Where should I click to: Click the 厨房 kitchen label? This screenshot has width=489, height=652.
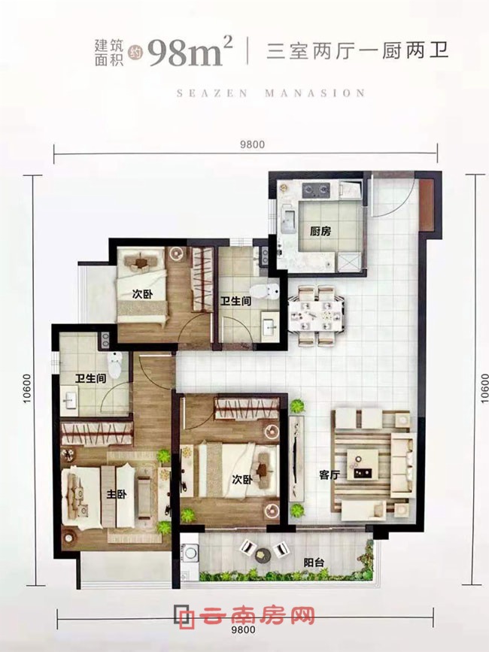[x=320, y=231]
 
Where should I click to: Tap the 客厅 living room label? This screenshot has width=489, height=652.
[x=330, y=475]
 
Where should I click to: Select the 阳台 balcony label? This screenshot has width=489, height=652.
[x=314, y=563]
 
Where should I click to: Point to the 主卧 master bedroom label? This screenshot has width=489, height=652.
[x=117, y=494]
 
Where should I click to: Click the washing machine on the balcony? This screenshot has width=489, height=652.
[x=190, y=553]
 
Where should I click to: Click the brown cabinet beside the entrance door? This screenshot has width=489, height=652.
[x=427, y=205]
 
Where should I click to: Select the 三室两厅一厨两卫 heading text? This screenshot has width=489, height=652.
[x=357, y=51]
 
